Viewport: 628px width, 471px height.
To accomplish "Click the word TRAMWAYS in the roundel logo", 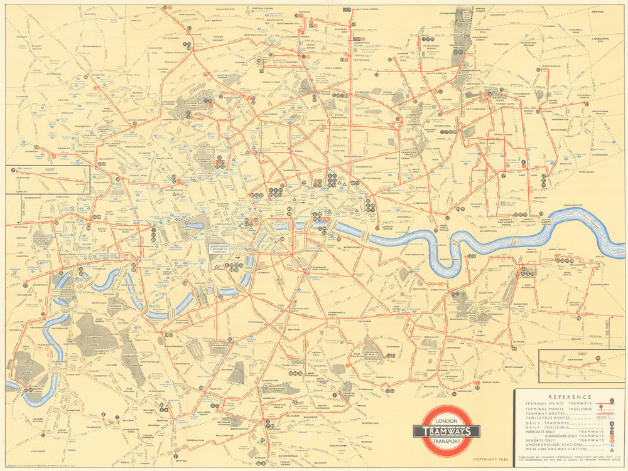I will coord(447,431).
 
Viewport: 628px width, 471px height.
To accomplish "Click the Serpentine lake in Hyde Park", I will coord(195,224).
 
